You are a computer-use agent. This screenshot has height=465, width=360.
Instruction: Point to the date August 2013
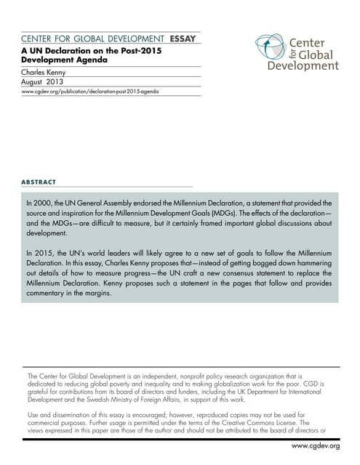tap(43, 84)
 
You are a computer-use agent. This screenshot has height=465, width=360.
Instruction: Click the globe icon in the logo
tap(269, 49)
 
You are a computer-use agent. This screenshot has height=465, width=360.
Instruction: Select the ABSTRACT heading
tap(39, 182)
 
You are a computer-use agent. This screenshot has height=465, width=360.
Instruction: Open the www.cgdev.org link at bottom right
tap(316, 445)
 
